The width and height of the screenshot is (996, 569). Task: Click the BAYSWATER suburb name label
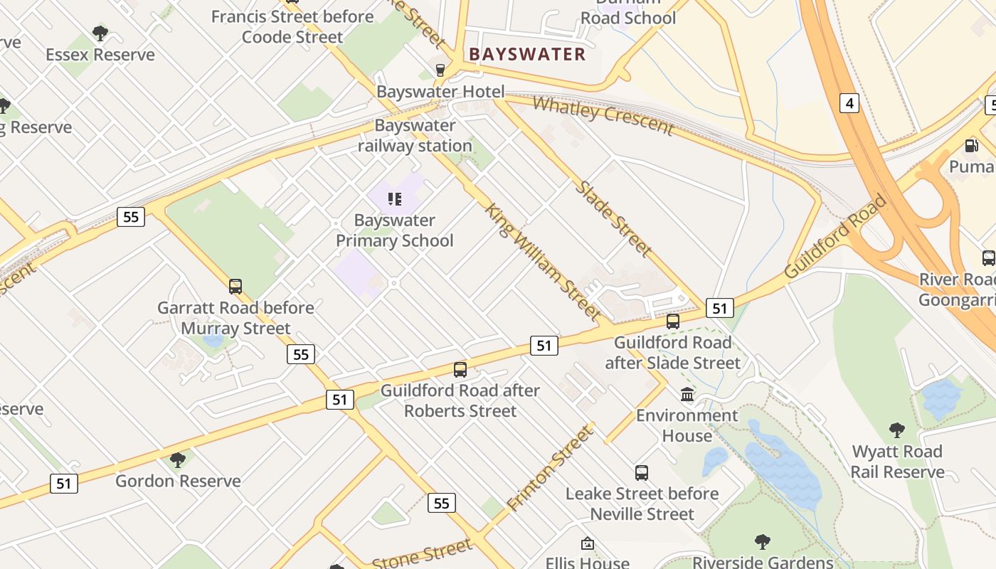coord(527,54)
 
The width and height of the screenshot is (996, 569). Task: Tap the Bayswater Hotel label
coord(440,92)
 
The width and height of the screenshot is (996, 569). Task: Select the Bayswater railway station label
coord(415,136)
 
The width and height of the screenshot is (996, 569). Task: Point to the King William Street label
coord(544,261)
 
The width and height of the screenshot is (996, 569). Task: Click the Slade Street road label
coord(613,218)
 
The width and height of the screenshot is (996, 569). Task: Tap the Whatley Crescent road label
coord(603,115)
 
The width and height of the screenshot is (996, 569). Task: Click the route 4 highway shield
coord(849,103)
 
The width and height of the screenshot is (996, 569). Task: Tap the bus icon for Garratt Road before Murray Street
coord(235,287)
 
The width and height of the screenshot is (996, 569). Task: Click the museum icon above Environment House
coord(687,394)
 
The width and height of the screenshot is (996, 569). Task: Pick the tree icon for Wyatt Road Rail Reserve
coord(897,430)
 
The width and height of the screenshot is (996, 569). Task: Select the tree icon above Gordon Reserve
coord(178,459)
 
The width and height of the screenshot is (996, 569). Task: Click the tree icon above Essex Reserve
coord(100,33)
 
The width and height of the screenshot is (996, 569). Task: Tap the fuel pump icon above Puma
coord(971,146)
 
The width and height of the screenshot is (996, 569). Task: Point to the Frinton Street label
coord(550,469)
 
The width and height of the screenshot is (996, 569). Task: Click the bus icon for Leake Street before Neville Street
coord(642,473)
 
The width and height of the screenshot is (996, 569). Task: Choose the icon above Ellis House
coord(588,544)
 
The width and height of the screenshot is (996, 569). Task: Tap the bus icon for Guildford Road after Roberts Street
coord(460,370)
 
